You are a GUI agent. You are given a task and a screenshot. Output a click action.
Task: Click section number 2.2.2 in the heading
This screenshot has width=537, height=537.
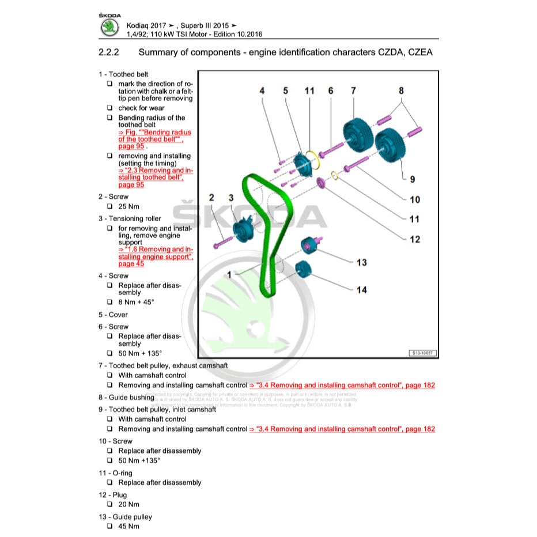click(109, 53)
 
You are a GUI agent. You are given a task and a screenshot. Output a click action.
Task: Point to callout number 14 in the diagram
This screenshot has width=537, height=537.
click(361, 290)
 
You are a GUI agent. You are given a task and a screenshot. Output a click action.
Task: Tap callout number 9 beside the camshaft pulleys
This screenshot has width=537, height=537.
click(412, 179)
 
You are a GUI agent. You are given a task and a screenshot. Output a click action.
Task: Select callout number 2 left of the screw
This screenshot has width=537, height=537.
click(211, 198)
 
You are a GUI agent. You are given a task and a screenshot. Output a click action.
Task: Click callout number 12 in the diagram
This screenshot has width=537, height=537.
click(415, 239)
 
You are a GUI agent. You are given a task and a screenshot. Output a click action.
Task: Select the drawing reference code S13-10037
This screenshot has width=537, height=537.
click(422, 352)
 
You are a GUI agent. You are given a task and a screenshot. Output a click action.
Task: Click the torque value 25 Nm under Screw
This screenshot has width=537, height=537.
click(129, 206)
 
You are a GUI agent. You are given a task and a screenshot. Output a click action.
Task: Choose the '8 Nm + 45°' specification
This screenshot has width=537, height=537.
click(136, 302)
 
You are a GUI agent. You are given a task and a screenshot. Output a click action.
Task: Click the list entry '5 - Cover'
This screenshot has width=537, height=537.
click(113, 315)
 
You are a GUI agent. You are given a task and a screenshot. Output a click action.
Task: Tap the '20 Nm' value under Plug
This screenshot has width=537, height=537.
click(128, 504)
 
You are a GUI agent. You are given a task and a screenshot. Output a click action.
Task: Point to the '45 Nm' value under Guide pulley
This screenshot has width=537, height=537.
click(128, 526)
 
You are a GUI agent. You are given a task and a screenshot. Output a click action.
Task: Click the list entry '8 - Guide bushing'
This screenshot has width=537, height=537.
click(126, 397)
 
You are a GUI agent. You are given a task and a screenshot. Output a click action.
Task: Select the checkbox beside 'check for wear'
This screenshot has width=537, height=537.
click(109, 108)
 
